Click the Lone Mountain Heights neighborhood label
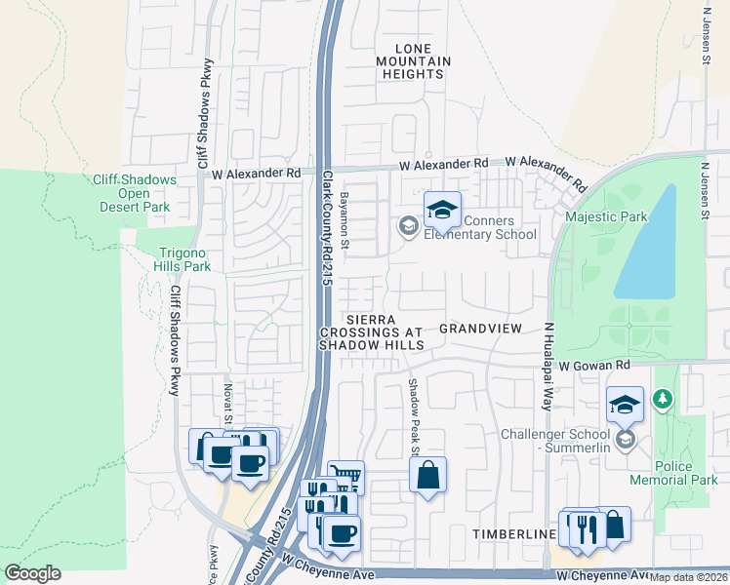coord(423,61)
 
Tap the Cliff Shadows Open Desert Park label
coord(134,193)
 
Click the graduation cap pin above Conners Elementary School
coord(442,209)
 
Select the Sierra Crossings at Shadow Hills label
coord(372,332)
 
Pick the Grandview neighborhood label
coord(481,329)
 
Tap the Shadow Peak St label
coord(413,417)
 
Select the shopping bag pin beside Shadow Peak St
coord(427,476)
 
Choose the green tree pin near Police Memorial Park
coord(664,399)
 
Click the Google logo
coord(32,573)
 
